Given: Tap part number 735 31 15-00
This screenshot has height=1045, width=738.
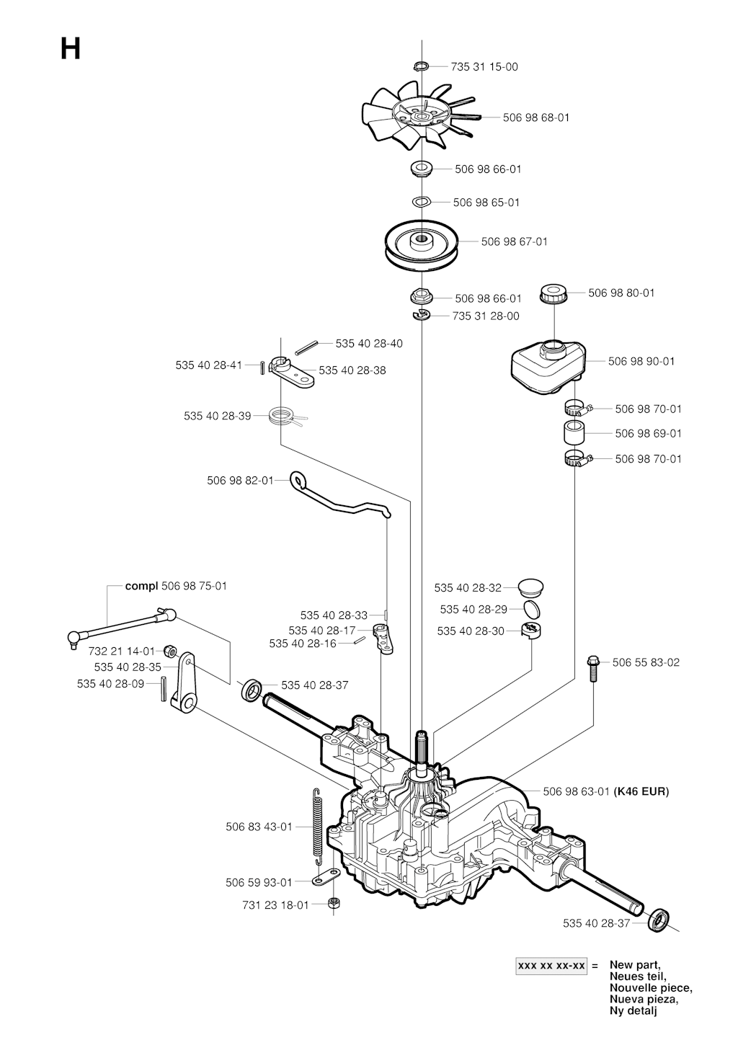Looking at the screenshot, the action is tap(484, 67).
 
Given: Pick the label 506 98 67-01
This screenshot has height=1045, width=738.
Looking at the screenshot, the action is tap(514, 241).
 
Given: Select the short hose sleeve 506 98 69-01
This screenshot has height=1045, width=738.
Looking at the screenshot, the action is tap(575, 432).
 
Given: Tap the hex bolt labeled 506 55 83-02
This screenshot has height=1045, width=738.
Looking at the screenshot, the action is tap(592, 669).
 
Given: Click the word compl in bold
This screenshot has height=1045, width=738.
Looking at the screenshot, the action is tap(142, 586).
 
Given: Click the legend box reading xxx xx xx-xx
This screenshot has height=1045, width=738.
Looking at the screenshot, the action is tap(551, 966).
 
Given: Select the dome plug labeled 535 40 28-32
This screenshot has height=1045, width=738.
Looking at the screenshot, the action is tap(531, 587).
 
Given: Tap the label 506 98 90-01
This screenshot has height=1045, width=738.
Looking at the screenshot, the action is tap(641, 361).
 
